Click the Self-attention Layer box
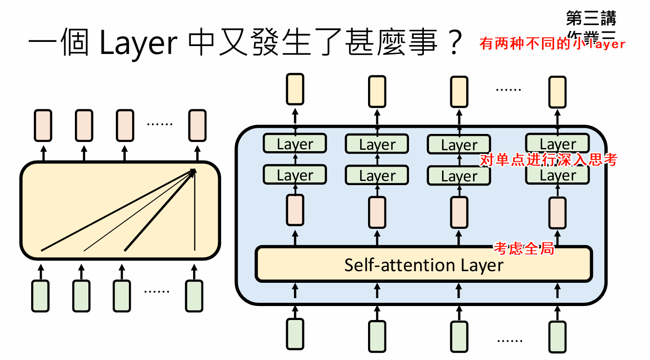424,265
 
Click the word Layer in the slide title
139,43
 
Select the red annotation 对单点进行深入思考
549,160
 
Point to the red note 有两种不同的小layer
552,44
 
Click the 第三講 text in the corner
591,19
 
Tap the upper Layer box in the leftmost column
295,144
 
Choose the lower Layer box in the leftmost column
295,175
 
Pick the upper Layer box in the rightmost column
557,144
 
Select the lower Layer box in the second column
376,176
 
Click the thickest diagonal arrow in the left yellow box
158,212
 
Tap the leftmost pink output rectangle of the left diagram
43,125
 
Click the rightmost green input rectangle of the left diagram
194,295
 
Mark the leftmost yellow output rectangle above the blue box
295,90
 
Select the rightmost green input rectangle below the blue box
557,335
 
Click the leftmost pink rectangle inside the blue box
295,210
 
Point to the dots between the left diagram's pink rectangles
160,124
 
